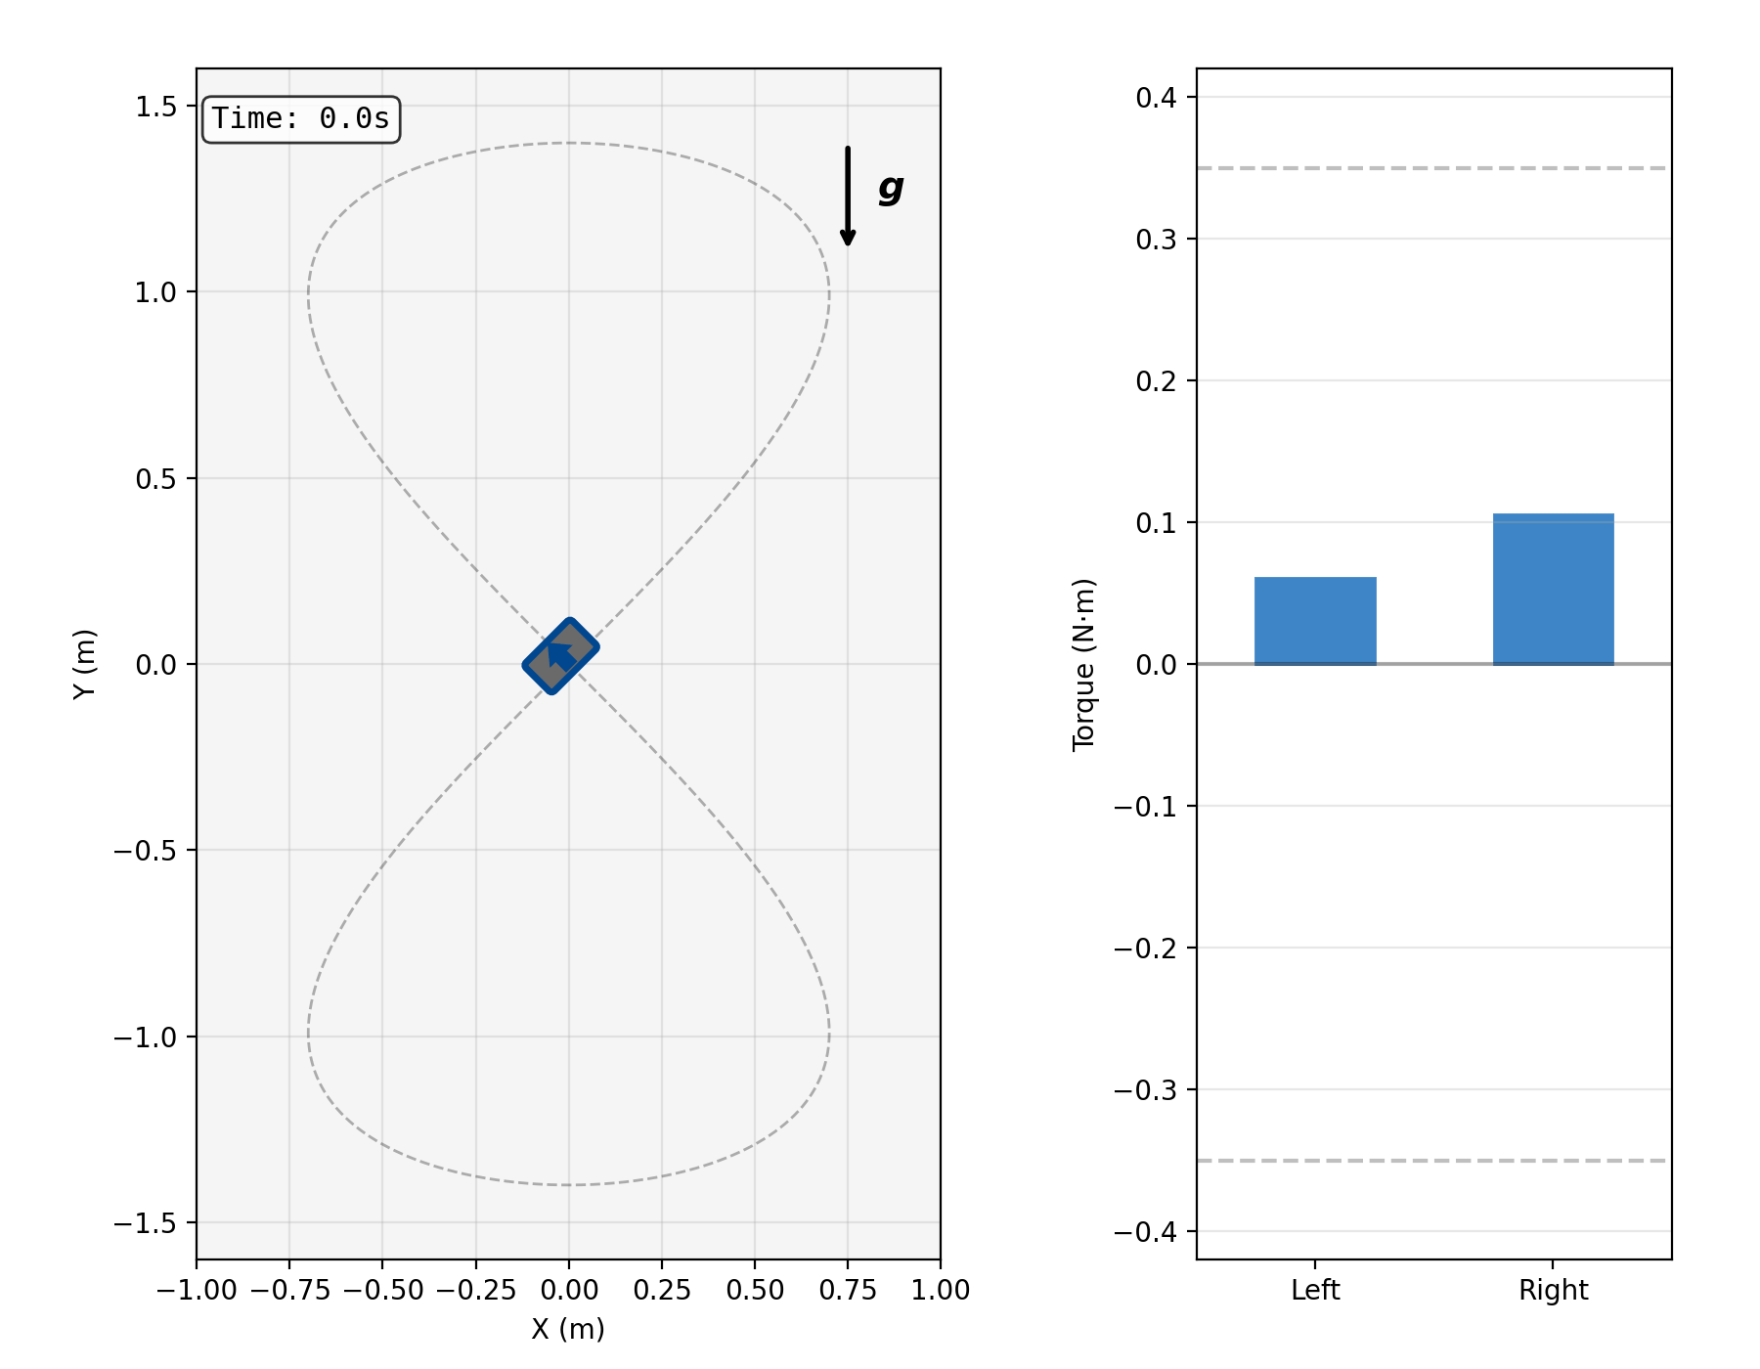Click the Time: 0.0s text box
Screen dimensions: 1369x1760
click(300, 119)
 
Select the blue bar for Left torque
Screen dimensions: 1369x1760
click(1315, 621)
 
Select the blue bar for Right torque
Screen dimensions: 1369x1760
click(1553, 590)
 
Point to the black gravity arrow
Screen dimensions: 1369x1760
click(848, 196)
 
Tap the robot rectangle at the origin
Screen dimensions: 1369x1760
click(560, 656)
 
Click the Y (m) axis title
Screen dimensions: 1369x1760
click(85, 664)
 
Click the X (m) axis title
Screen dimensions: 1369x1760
click(568, 1329)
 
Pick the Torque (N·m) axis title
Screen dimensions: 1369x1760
click(1083, 665)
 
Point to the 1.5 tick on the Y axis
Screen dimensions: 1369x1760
click(156, 106)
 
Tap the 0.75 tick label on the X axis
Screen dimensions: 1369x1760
click(848, 1291)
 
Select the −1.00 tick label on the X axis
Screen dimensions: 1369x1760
click(197, 1291)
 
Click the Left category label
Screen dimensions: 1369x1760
click(1315, 1291)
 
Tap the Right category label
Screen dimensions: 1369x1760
click(1553, 1291)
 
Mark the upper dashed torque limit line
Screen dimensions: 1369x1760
click(1433, 168)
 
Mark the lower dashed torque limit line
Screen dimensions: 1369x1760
click(1433, 1161)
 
